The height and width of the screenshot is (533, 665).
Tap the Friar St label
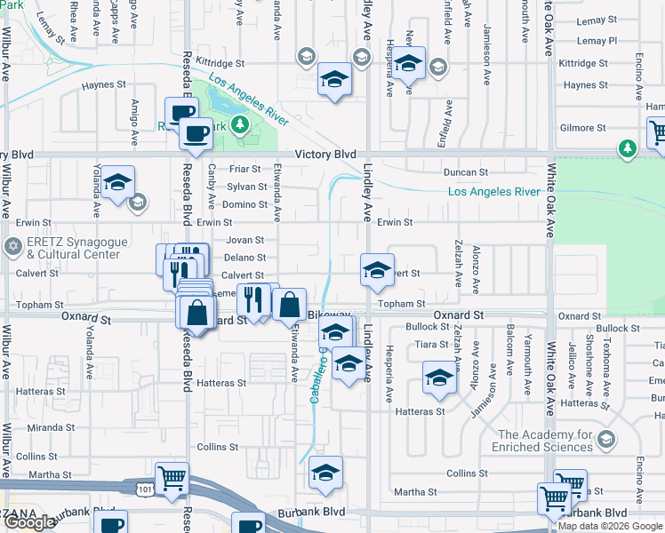click(x=244, y=169)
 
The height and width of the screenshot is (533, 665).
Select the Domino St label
click(x=244, y=204)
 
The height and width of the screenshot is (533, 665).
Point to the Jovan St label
click(x=245, y=240)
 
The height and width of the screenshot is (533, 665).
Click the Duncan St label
click(x=466, y=172)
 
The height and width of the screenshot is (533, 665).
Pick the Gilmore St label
click(x=583, y=128)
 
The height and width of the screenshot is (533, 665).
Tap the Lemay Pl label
click(x=596, y=41)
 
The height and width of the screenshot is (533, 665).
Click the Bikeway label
click(x=324, y=316)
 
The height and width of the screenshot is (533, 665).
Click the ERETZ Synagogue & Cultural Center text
click(x=73, y=248)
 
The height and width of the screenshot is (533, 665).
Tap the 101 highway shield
click(x=144, y=488)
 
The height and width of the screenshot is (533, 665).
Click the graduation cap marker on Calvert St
click(x=377, y=270)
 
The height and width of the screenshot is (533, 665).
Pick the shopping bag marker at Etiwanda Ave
click(x=289, y=305)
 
